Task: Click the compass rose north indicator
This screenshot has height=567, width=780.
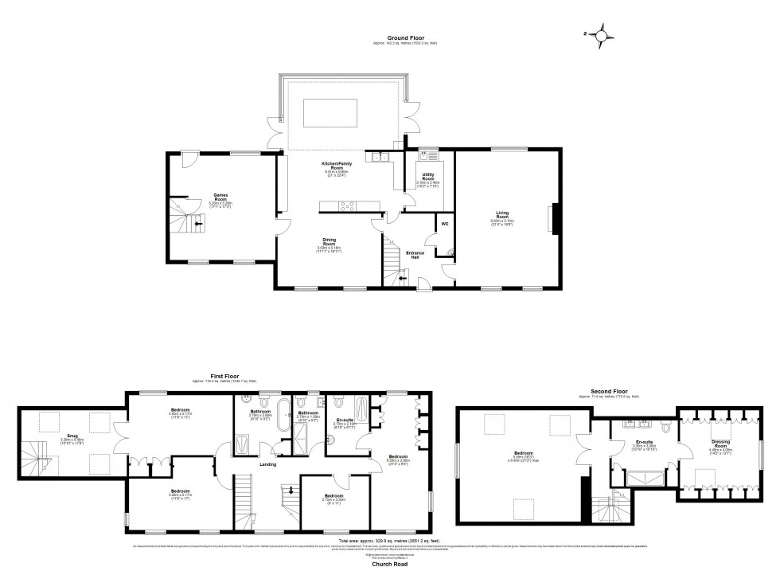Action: (604, 33)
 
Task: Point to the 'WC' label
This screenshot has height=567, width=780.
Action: (445, 224)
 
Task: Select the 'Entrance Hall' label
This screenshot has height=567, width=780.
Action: (415, 254)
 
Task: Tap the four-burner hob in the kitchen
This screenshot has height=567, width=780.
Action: (349, 206)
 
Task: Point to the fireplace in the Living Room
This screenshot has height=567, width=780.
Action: (555, 217)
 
